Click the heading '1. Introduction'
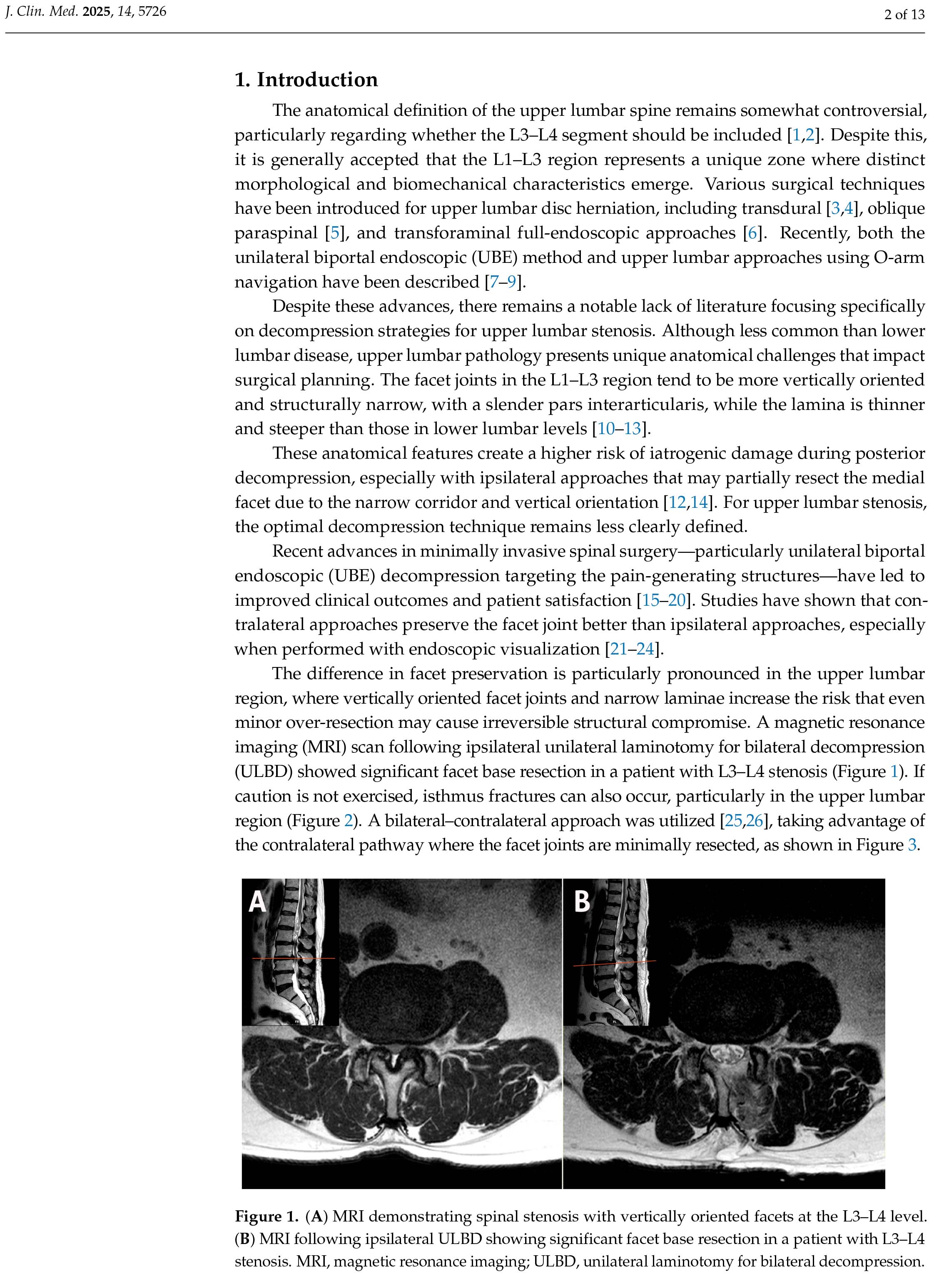(306, 80)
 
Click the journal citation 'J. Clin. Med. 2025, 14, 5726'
(86, 11)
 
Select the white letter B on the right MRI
(582, 902)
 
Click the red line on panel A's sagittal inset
(294, 958)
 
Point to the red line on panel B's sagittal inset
(614, 964)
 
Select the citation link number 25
(733, 821)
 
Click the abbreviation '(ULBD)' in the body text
(263, 772)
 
